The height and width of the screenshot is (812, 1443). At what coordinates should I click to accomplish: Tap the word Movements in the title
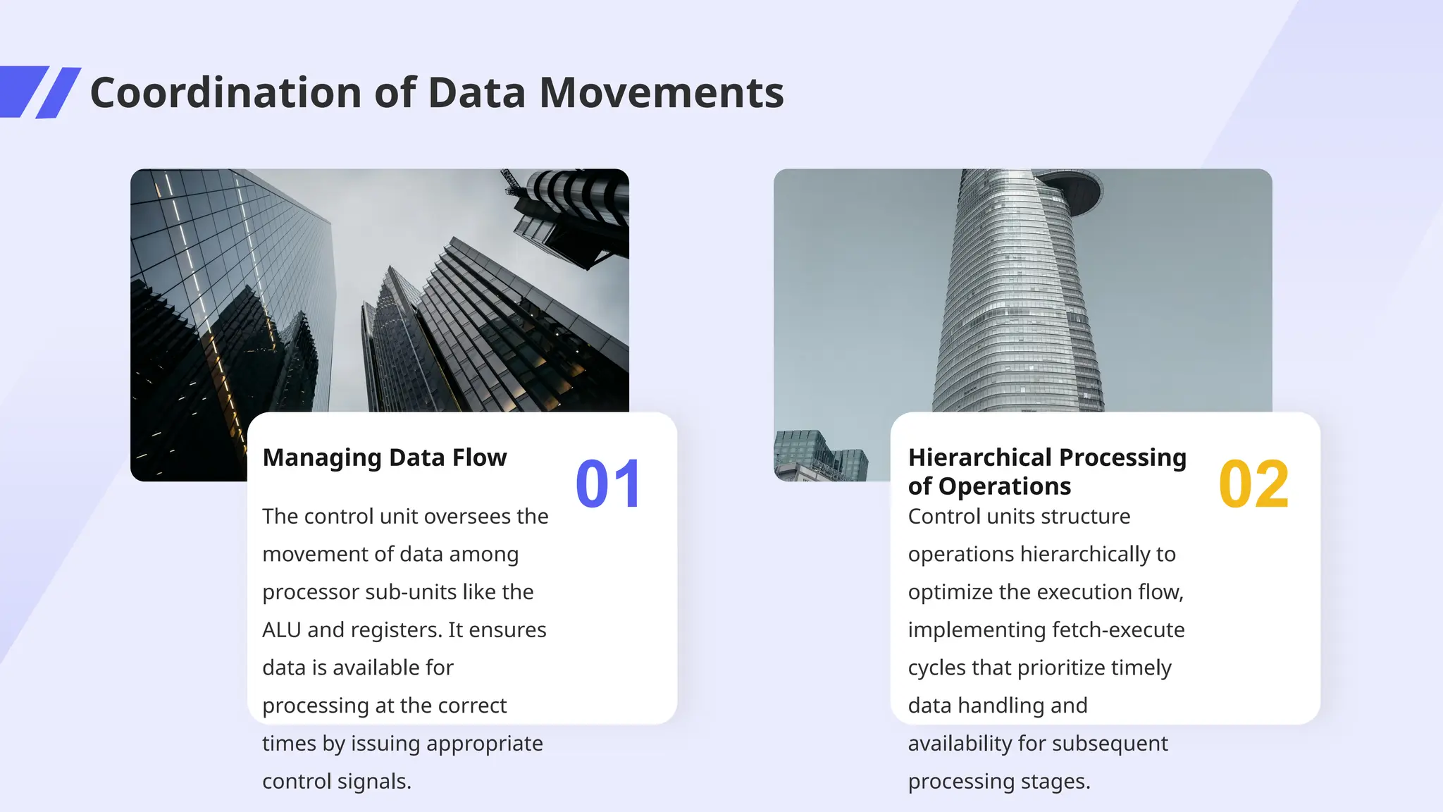661,93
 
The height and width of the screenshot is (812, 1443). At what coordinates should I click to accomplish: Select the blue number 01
608,484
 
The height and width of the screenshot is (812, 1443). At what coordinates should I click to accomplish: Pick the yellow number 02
1253,484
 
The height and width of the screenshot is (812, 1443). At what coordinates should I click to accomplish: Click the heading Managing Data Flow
384,457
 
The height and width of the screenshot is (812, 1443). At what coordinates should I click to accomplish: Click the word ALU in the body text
281,629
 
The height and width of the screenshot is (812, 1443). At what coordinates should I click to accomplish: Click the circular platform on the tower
1072,189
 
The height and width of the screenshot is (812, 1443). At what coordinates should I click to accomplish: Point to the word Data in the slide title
476,93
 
